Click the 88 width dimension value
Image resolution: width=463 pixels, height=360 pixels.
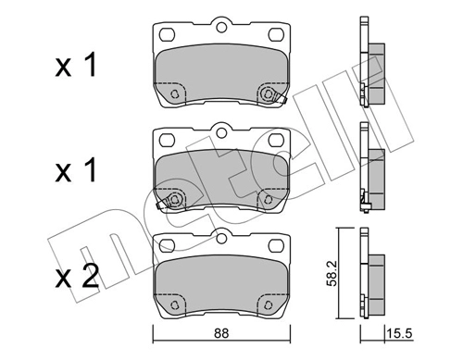221,333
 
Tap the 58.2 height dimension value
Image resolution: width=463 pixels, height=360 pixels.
332,274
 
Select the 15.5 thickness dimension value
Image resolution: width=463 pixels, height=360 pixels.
399,333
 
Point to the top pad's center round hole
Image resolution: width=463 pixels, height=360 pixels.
221,28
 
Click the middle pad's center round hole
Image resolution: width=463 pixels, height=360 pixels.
221,133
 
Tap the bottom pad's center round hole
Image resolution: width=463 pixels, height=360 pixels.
221,239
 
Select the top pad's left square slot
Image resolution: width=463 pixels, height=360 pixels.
168,34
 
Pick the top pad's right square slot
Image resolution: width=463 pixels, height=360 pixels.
276,34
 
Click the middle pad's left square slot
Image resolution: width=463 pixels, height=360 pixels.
168,140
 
